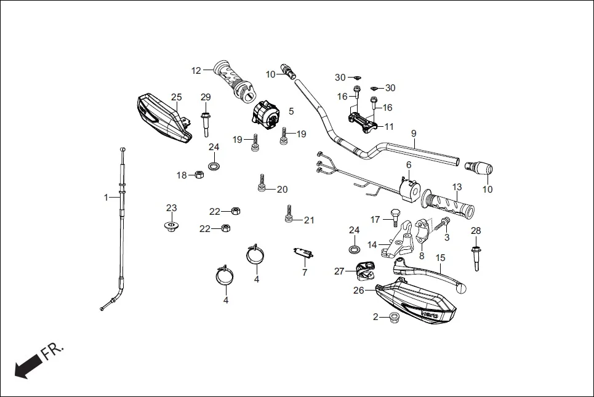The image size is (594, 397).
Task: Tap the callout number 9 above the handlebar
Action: click(x=414, y=134)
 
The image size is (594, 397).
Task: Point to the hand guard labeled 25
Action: click(x=163, y=118)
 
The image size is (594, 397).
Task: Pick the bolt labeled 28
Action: click(x=476, y=257)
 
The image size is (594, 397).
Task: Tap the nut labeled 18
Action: click(x=199, y=175)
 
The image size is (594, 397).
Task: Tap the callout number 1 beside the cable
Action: click(x=106, y=198)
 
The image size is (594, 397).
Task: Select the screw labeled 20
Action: click(x=262, y=183)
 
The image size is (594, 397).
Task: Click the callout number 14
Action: click(x=372, y=245)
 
